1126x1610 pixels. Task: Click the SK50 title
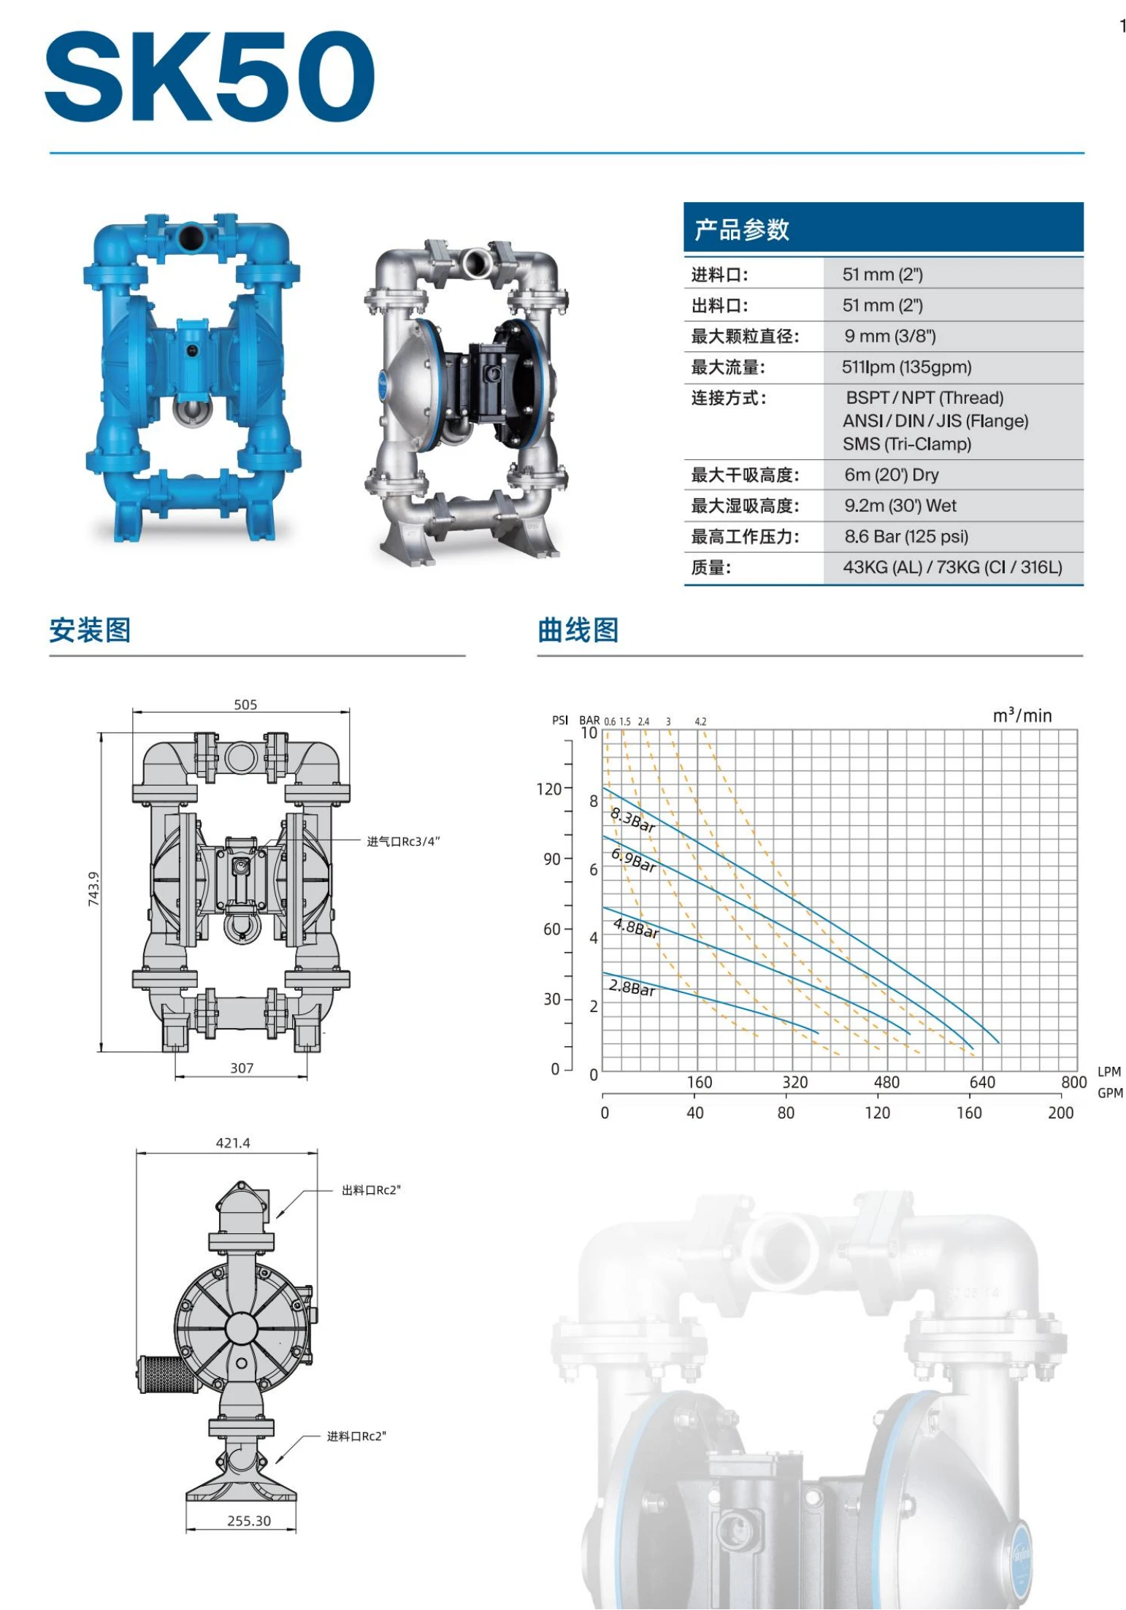tap(210, 77)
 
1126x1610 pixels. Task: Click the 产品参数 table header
tap(741, 229)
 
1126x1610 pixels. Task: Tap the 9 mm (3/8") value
tap(889, 336)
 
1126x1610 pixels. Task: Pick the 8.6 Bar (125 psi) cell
tap(906, 537)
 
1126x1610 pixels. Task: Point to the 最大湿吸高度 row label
tap(745, 506)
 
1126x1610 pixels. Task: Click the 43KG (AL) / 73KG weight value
tap(951, 567)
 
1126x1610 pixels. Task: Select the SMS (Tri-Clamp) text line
tap(906, 444)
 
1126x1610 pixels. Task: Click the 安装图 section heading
tap(91, 630)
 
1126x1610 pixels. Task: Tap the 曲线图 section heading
tap(578, 630)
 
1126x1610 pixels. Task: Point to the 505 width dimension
tap(245, 705)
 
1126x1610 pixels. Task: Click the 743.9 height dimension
tap(93, 889)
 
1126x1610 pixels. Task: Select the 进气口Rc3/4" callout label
tap(403, 842)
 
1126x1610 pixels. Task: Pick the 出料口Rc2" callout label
tap(371, 1190)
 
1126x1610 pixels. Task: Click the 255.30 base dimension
tap(248, 1521)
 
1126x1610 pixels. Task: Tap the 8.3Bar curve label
tap(633, 819)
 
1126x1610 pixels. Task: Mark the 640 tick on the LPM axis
tap(981, 1082)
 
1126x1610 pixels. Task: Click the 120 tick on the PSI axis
tap(549, 789)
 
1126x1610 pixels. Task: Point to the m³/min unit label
tap(1022, 716)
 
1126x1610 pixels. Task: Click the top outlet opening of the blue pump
tap(192, 237)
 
